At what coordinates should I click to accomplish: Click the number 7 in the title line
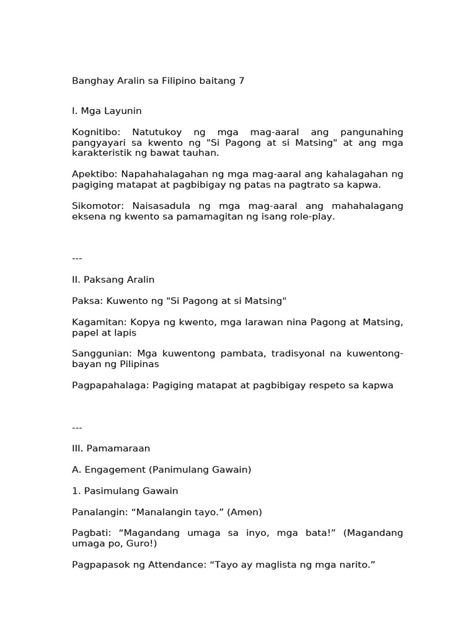pos(241,81)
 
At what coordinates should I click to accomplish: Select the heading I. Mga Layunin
pos(107,111)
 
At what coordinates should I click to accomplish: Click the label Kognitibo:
pos(98,132)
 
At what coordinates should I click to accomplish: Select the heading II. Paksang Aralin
pos(113,280)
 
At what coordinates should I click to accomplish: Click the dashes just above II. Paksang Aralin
pos(77,258)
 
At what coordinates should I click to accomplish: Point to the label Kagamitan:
pos(98,322)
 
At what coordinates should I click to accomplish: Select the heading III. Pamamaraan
pos(111,448)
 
